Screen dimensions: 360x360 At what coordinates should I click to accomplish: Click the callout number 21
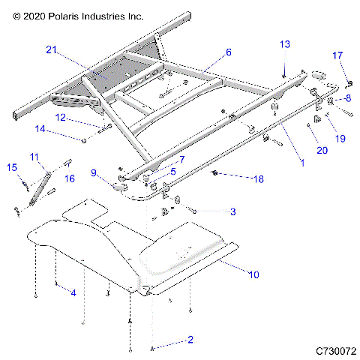(51, 49)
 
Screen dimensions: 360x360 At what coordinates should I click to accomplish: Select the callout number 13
(284, 44)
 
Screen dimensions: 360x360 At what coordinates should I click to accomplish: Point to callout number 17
(337, 55)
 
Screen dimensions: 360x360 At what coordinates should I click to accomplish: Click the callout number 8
(347, 98)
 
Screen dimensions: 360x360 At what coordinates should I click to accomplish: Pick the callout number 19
(340, 138)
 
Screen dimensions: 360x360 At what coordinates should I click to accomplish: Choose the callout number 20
(322, 151)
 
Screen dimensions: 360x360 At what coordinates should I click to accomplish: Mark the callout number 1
(301, 161)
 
